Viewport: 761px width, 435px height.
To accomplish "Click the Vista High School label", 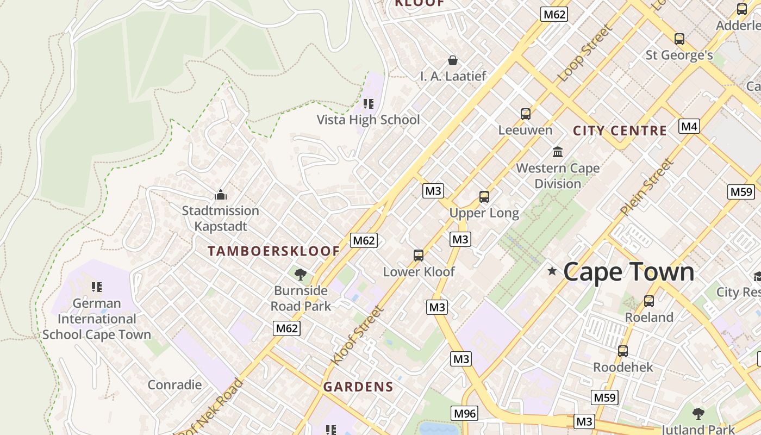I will (x=368, y=120).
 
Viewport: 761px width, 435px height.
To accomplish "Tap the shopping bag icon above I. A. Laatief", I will (x=452, y=60).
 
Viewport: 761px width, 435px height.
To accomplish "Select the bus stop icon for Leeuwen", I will (x=525, y=114).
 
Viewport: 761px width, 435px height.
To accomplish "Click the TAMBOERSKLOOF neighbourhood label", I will (x=274, y=251).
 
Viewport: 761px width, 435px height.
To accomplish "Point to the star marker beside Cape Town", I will (x=552, y=271).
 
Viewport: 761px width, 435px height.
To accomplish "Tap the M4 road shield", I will (x=689, y=127).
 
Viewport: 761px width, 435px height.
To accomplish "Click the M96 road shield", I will (x=465, y=413).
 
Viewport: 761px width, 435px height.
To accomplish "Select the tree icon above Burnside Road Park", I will (x=300, y=274).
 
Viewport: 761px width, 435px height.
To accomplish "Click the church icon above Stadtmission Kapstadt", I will (x=220, y=194).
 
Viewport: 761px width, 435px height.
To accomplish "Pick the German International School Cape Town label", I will (x=97, y=319).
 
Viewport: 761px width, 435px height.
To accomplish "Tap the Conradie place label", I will (x=174, y=385).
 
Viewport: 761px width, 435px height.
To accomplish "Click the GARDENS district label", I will (x=358, y=387).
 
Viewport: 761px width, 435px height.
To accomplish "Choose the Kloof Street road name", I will (x=357, y=335).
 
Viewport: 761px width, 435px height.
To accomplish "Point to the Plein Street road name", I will (x=647, y=187).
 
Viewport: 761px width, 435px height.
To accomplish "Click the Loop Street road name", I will (x=585, y=53).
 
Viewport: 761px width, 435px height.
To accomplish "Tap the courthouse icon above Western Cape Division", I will (x=558, y=152).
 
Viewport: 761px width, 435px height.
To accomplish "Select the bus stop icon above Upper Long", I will (x=484, y=197).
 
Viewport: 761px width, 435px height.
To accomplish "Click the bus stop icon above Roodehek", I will (x=623, y=351).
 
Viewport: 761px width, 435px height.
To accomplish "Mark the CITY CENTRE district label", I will (x=620, y=130).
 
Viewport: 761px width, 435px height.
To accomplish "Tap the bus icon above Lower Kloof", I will (x=418, y=255).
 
